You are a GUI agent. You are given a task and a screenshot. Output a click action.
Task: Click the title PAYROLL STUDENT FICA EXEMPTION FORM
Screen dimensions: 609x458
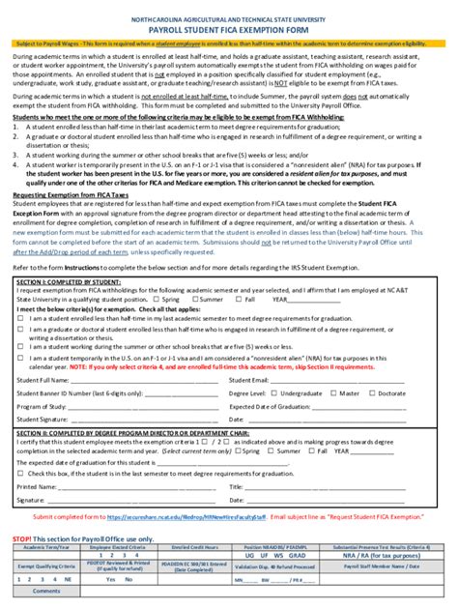[x=229, y=29]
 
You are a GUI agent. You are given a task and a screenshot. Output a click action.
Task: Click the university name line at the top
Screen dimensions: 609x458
[x=229, y=18]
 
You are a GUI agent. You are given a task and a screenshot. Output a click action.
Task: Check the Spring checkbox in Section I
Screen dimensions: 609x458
[x=158, y=300]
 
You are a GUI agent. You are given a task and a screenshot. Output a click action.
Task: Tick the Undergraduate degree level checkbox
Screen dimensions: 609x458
[x=273, y=393]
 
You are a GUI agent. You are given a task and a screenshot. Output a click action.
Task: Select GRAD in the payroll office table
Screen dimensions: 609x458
[x=301, y=556]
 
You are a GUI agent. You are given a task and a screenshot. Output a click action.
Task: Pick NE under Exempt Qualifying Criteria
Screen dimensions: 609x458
[x=67, y=579]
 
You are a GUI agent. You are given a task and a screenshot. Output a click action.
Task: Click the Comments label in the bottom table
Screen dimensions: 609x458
[x=45, y=590]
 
